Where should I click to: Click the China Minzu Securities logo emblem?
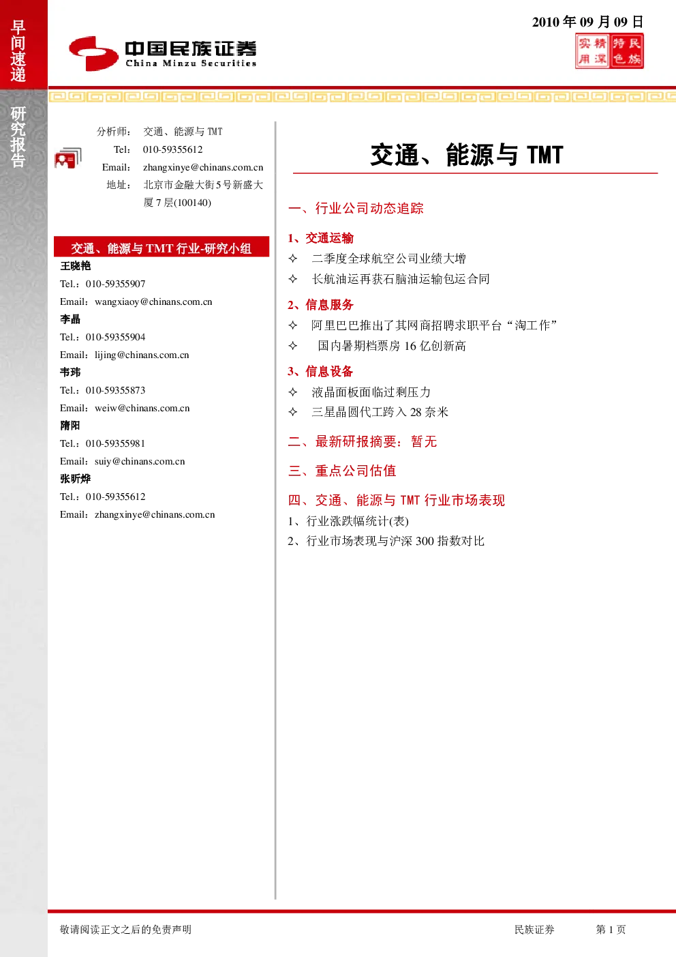(x=93, y=53)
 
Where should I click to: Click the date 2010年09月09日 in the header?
(x=587, y=22)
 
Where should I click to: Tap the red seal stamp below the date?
(x=609, y=51)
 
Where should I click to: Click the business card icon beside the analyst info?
(x=68, y=158)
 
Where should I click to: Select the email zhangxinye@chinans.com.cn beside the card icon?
(x=203, y=167)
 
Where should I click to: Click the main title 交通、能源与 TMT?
(x=467, y=155)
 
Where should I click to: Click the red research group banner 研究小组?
(x=162, y=247)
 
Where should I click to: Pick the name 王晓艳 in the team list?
(x=76, y=266)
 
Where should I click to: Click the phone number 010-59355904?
(x=115, y=337)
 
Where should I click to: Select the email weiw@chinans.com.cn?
(x=142, y=408)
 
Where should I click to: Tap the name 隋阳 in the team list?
(x=70, y=426)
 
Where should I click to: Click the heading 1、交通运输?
(x=320, y=238)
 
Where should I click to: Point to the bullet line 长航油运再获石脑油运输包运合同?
(x=400, y=279)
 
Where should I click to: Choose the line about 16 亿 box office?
(x=392, y=346)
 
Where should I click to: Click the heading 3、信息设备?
(x=320, y=371)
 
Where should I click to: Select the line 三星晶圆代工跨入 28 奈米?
(x=380, y=412)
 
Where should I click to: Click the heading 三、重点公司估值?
(x=342, y=471)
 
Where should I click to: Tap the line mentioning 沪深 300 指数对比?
(x=386, y=542)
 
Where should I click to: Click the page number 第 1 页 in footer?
(x=611, y=929)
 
